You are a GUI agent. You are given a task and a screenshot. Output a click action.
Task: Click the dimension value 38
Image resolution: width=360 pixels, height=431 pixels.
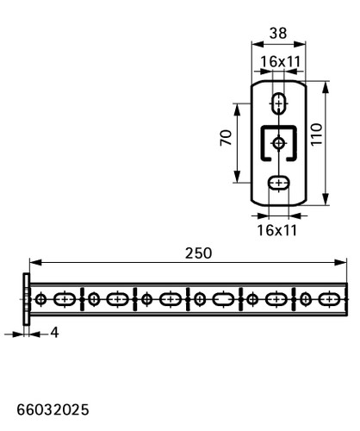click(278, 33)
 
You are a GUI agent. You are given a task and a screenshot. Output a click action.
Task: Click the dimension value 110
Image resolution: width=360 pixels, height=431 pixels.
click(317, 134)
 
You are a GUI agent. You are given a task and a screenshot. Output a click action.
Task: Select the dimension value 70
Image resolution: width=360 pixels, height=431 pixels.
click(226, 138)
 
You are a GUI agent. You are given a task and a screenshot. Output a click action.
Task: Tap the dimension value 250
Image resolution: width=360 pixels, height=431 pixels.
click(198, 253)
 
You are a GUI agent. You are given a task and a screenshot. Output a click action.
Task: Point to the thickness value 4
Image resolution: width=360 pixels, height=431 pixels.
click(54, 333)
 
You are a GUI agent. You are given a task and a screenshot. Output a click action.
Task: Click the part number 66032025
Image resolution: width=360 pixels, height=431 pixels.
click(53, 409)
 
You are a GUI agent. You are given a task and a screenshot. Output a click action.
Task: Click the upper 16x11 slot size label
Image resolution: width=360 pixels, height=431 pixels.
click(280, 61)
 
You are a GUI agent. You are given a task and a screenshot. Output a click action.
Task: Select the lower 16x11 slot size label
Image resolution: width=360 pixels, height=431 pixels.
click(276, 230)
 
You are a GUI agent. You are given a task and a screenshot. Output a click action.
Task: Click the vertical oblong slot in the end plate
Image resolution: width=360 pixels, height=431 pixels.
click(278, 103)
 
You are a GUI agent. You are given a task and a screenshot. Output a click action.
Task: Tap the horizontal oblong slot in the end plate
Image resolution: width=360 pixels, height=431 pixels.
click(278, 183)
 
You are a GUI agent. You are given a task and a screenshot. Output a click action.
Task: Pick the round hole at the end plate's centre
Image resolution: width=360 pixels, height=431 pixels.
click(278, 143)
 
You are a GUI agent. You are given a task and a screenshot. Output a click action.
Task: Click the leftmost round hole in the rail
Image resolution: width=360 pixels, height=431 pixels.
click(41, 299)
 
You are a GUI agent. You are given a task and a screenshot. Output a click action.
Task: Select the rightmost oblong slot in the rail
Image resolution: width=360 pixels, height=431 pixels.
click(329, 299)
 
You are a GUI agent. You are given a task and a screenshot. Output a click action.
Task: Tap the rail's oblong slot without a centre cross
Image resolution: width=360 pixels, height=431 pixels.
click(223, 299)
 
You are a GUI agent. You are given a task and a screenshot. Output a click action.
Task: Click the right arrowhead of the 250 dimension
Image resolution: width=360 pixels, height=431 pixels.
click(341, 262)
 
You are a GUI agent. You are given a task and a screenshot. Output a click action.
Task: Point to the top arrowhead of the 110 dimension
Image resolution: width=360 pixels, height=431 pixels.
click(326, 87)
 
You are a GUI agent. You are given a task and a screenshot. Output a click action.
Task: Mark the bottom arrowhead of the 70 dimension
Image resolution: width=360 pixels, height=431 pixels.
click(237, 177)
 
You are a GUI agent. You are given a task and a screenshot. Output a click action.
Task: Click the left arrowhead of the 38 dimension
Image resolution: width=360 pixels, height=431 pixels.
click(258, 44)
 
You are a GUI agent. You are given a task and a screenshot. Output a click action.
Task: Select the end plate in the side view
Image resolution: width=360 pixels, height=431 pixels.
click(26, 299)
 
